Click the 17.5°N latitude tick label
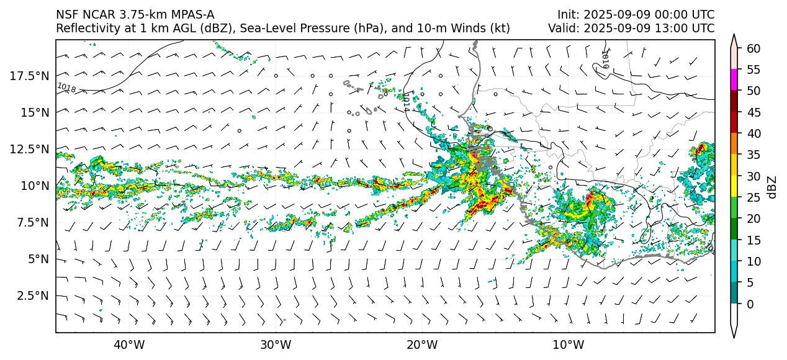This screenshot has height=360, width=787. click(x=30, y=76)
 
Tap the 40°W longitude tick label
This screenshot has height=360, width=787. click(x=129, y=344)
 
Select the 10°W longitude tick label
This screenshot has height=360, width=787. click(x=568, y=344)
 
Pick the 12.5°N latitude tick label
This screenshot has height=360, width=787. click(x=30, y=149)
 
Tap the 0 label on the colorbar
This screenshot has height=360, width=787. click(x=750, y=304)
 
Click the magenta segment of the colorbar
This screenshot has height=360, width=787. click(x=734, y=80)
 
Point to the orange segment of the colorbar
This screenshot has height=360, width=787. click(x=734, y=144)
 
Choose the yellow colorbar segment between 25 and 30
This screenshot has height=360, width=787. click(x=734, y=187)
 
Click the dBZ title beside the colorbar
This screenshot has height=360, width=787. click(x=773, y=187)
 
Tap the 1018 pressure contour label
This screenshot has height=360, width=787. click(x=66, y=88)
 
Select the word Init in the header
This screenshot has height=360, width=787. click(x=568, y=15)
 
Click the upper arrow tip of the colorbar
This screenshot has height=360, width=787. click(x=734, y=36)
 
